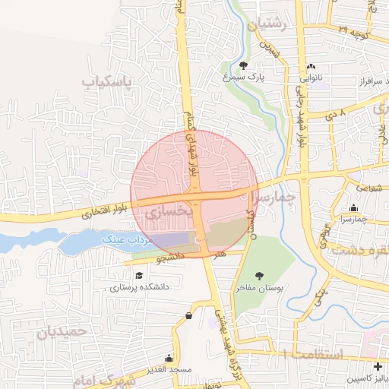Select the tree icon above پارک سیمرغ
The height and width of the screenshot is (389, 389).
(x=243, y=65)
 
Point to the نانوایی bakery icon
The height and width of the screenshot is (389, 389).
(x=312, y=66)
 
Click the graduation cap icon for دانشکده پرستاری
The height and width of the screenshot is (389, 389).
(x=138, y=275)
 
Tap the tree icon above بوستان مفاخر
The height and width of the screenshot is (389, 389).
(x=260, y=276)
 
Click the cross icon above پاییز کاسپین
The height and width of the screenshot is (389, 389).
(x=378, y=367)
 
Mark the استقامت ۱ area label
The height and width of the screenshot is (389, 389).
(x=312, y=354)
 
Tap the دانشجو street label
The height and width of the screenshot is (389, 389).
(x=172, y=258)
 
